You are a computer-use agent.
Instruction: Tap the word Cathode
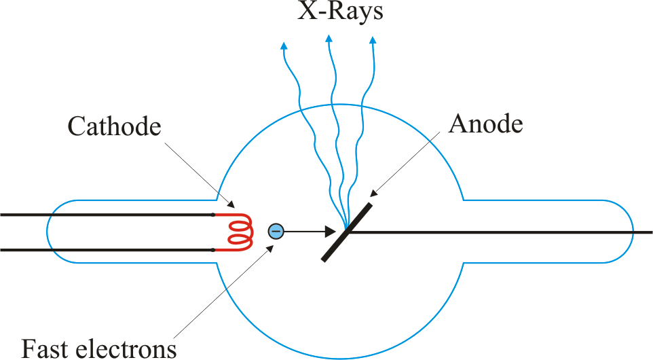pos(115,126)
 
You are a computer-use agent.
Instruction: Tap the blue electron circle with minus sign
pos(276,232)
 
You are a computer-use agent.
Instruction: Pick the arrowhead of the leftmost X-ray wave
pos(284,46)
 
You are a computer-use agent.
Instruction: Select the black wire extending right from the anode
pos(502,232)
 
